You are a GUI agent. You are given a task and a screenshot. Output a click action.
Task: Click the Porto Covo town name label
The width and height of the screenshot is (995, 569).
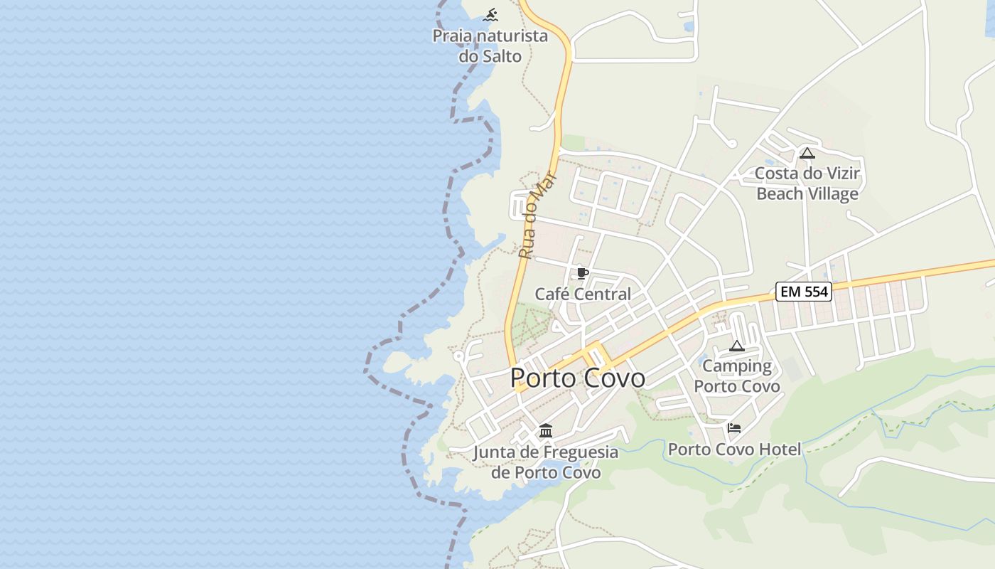point(577,378)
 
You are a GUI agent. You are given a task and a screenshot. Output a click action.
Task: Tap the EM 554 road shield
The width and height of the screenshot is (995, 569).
point(803,291)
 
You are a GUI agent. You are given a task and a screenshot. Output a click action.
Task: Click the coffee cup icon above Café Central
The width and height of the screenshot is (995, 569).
point(583,274)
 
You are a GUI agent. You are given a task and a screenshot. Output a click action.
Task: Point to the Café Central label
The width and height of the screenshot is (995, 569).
point(583,294)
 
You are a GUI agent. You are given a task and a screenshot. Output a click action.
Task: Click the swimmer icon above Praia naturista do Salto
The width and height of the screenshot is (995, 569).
point(490,14)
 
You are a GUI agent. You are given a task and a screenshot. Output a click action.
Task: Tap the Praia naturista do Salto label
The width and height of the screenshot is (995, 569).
point(490,46)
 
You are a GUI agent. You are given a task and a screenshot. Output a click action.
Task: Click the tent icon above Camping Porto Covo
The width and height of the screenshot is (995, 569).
point(737,346)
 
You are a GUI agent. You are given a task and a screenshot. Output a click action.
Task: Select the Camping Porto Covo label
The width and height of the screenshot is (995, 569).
point(737,376)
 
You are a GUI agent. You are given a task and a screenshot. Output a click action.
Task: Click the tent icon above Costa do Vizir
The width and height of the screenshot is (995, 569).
point(807,153)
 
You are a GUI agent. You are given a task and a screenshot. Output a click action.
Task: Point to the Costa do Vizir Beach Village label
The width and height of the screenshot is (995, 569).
point(807,184)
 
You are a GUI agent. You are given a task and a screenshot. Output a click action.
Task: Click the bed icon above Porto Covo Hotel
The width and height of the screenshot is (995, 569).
point(734,428)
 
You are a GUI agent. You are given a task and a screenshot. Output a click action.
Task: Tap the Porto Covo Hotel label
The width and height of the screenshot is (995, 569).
point(734,450)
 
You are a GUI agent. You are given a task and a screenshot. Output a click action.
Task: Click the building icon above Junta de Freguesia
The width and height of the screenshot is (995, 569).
point(546,430)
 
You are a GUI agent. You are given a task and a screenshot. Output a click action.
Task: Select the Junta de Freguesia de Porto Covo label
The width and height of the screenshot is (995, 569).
point(546,462)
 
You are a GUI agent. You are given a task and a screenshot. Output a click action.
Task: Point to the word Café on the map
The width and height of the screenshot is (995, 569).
point(552,294)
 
